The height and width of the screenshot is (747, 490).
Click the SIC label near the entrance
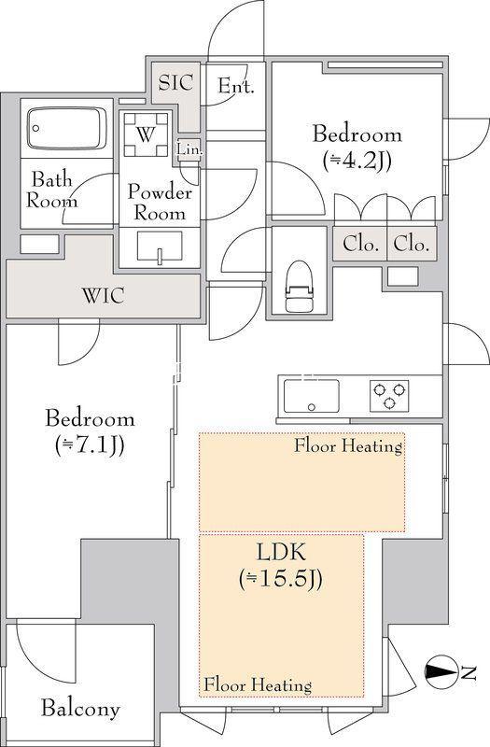point(175,82)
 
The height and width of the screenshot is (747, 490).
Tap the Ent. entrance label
point(236,86)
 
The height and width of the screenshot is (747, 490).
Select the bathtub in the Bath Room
point(66,128)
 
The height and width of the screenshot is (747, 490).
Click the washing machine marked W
point(146,135)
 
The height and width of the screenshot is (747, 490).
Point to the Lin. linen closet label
point(190,149)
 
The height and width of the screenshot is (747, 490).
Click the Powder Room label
point(160,203)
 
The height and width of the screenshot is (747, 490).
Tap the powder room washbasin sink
point(160,247)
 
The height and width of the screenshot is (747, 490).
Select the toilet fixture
point(300,287)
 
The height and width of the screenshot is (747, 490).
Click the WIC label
point(104,295)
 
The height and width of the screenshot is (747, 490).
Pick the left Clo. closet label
point(361,244)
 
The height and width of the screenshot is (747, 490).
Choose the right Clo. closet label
point(412,244)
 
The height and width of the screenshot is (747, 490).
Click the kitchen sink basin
point(312,396)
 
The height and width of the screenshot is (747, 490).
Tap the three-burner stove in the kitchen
point(389,396)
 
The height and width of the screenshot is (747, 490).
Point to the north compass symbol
point(441,671)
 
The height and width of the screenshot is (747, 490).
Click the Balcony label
point(80,709)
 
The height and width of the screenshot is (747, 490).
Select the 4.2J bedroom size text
point(357,162)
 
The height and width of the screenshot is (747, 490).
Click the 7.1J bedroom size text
point(90,446)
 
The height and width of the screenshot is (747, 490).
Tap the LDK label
point(281,553)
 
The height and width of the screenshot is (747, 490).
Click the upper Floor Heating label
point(348,446)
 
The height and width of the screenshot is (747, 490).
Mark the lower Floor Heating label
point(258,685)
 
